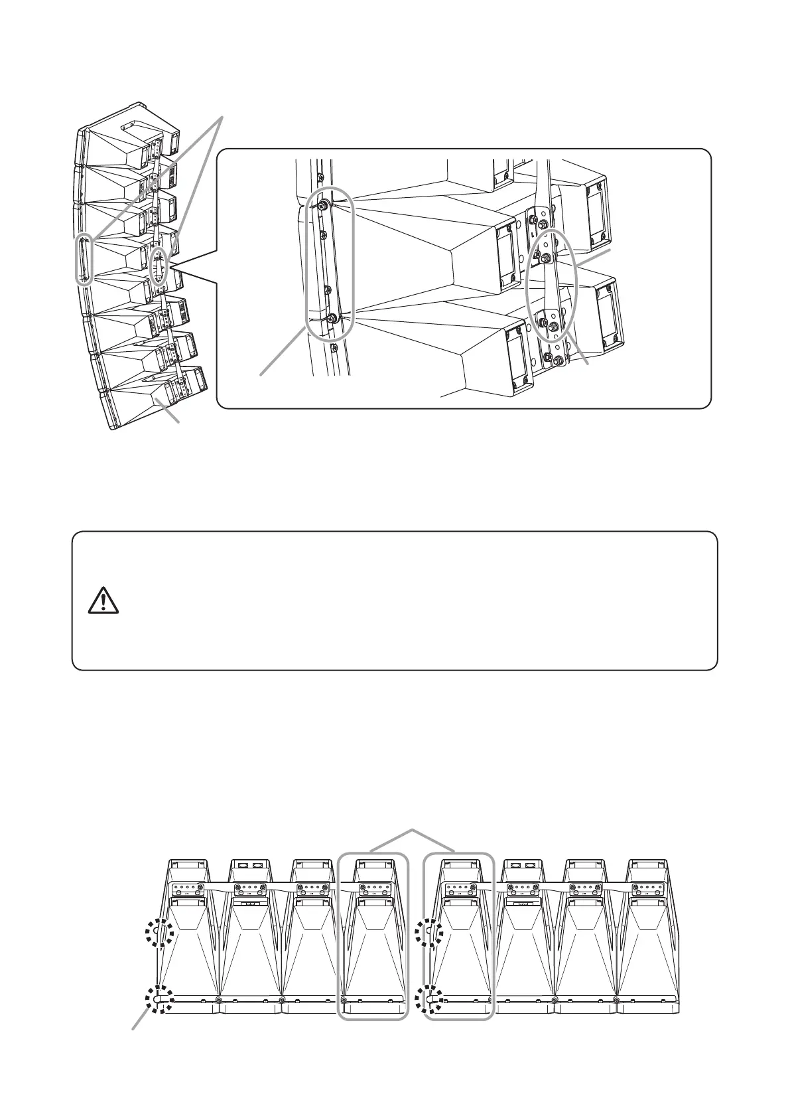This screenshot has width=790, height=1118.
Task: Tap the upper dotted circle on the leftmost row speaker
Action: tap(160, 935)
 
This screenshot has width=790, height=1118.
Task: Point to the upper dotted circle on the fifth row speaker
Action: tap(432, 935)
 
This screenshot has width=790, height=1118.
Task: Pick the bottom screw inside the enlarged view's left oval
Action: tap(331, 319)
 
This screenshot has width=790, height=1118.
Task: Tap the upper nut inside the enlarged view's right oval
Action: tap(545, 258)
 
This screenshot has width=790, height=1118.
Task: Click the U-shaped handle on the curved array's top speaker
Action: tap(136, 127)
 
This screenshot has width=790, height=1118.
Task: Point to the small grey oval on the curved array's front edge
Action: tap(84, 259)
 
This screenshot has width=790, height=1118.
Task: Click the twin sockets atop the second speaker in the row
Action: tap(249, 866)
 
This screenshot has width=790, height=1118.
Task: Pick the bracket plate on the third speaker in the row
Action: tap(313, 888)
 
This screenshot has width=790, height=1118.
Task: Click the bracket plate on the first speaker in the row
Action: tap(186, 888)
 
